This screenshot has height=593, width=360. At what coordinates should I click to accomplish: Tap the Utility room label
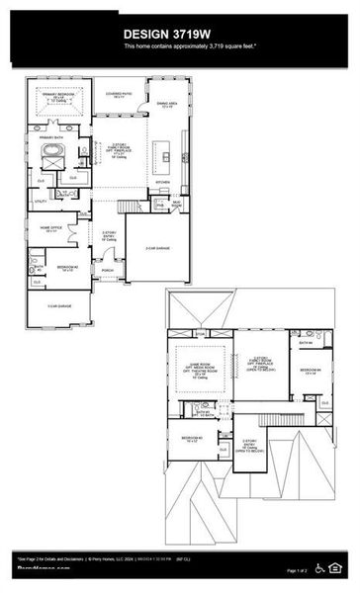42,202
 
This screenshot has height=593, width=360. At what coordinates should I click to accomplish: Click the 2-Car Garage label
158,248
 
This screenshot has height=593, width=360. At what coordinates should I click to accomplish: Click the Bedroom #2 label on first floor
68,268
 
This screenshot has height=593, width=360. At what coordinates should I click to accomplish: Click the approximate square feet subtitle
181,46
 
